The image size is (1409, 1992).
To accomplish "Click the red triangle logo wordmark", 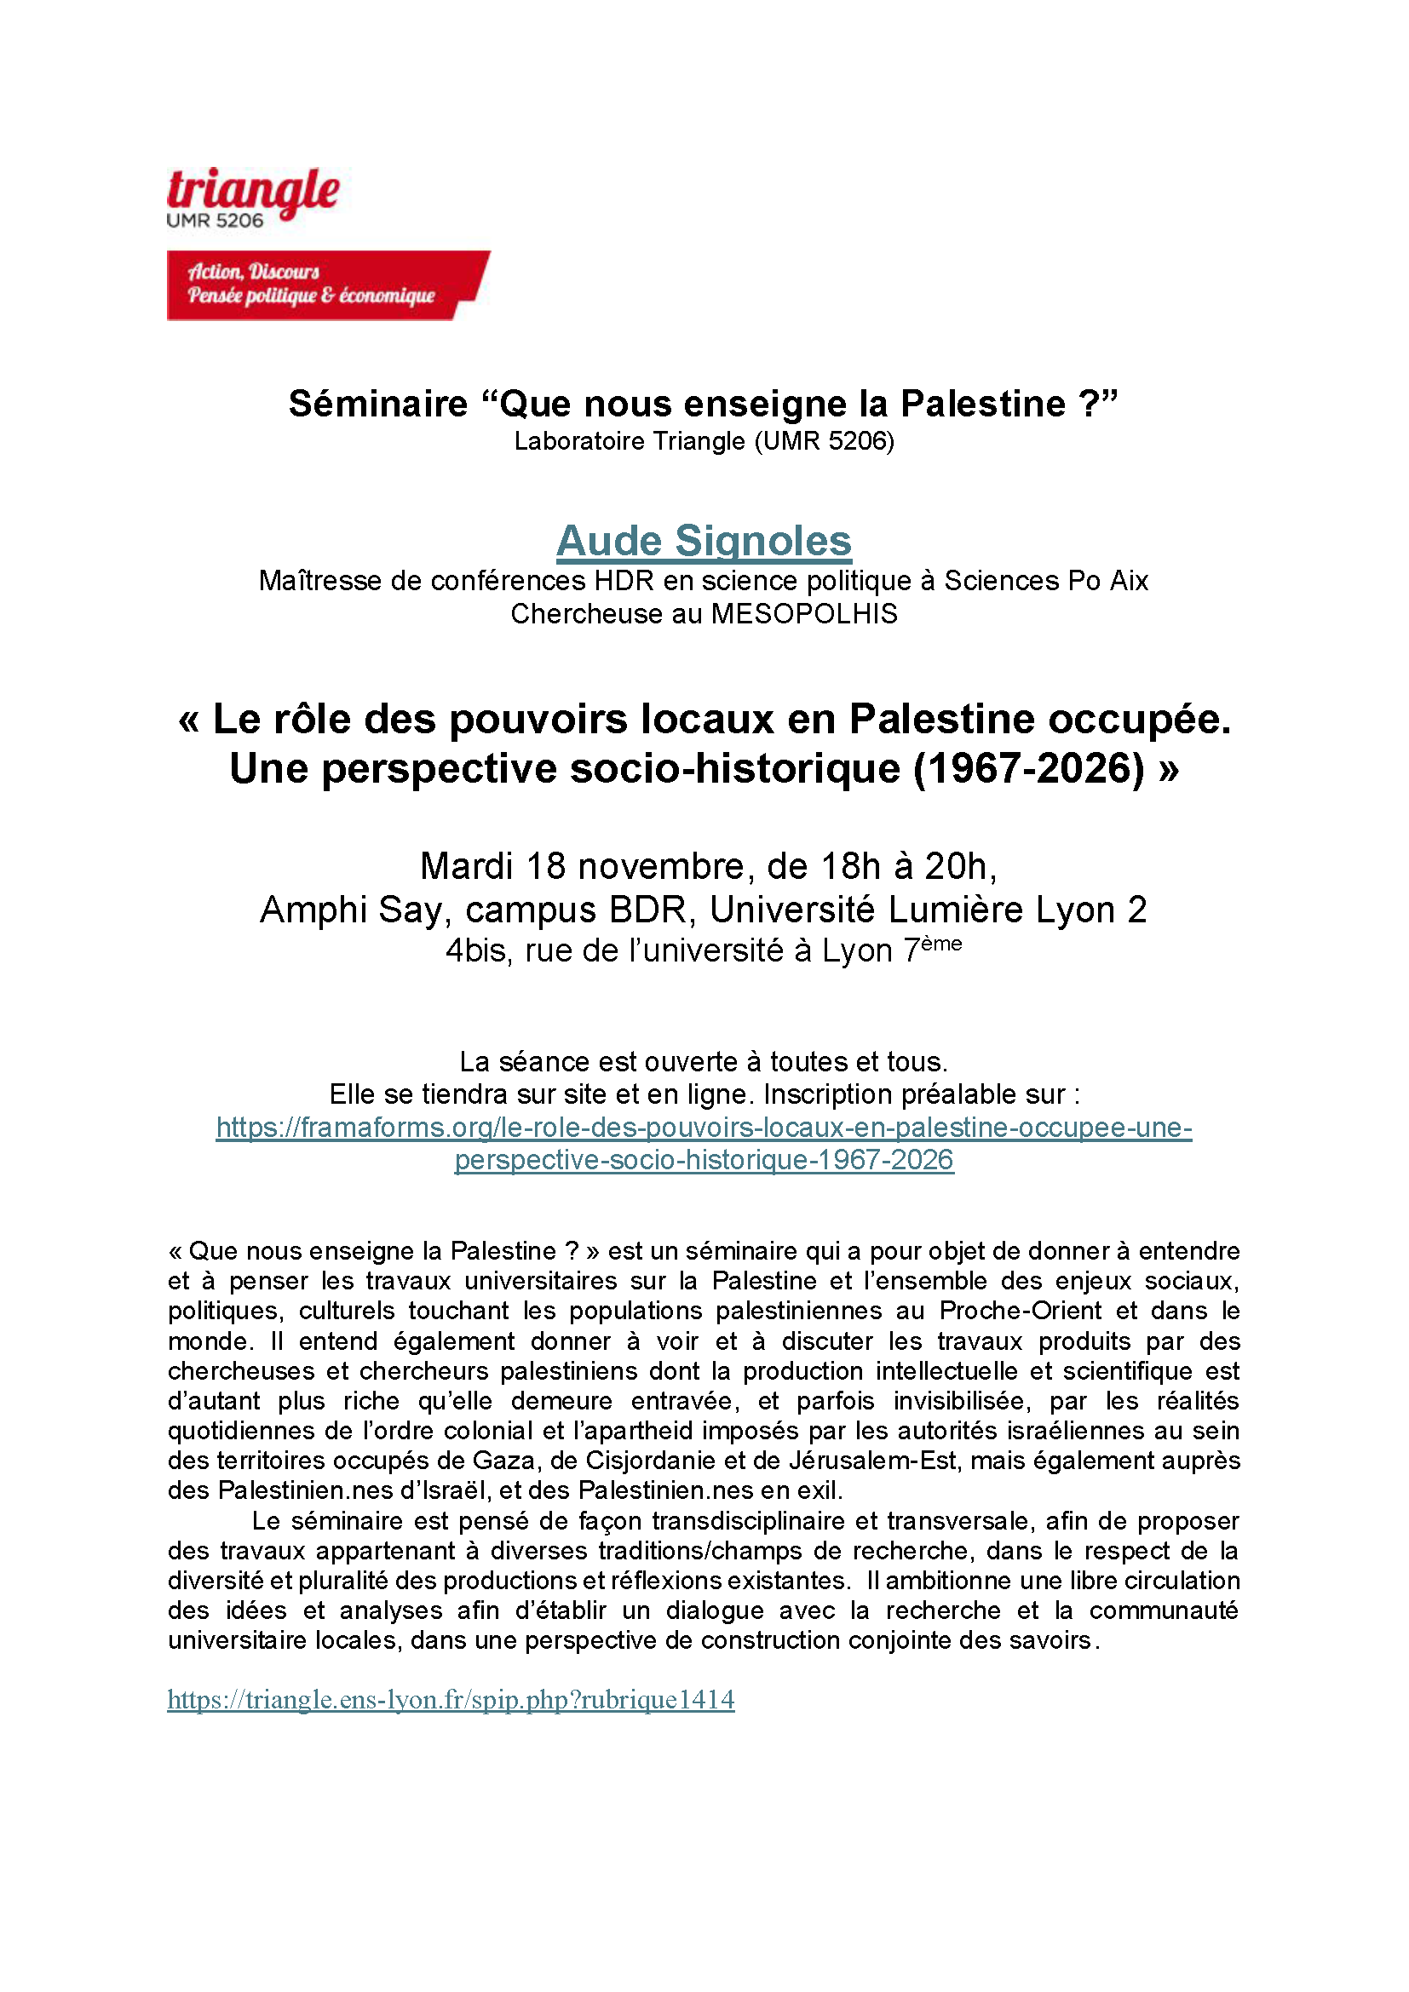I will click(x=252, y=189).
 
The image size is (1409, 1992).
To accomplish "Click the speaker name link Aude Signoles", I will click(x=704, y=541).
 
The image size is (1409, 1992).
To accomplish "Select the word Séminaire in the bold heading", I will click(x=378, y=405).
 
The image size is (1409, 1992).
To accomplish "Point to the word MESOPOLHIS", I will click(x=804, y=614).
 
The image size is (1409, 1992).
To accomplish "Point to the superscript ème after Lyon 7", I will click(x=942, y=943).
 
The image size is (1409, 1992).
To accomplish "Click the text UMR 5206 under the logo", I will click(x=216, y=221).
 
